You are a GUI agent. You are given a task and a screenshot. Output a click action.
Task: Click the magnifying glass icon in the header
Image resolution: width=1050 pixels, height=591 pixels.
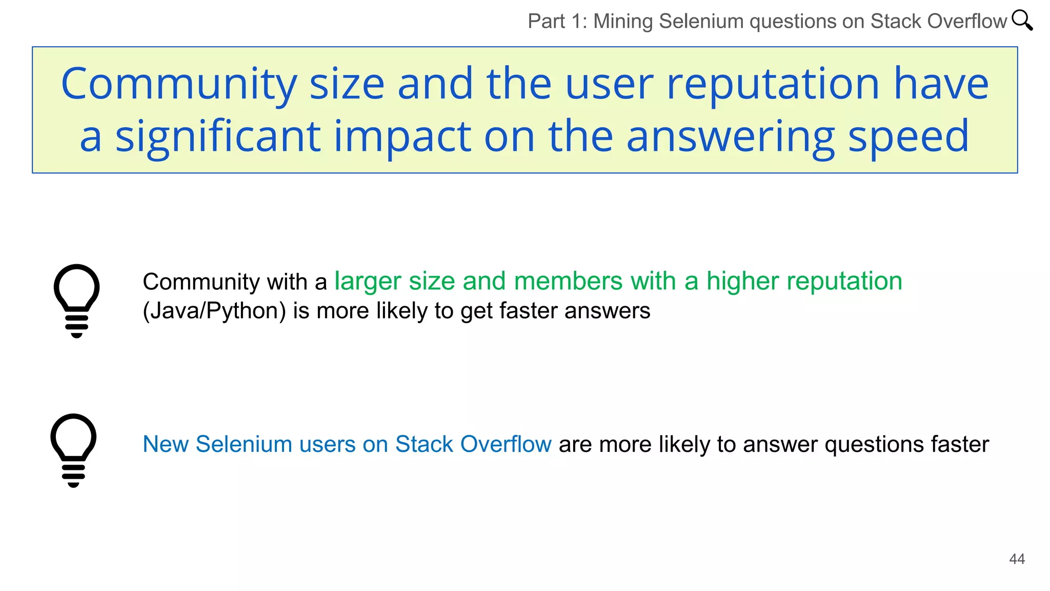(1022, 21)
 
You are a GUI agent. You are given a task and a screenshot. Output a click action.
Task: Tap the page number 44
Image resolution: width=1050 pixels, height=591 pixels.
(1017, 559)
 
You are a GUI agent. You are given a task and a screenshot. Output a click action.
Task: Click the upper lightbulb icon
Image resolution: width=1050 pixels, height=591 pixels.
(77, 301)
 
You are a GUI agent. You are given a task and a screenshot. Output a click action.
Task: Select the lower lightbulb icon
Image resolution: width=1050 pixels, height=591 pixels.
(73, 450)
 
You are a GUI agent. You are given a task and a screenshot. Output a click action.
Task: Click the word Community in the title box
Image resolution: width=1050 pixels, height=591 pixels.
(179, 84)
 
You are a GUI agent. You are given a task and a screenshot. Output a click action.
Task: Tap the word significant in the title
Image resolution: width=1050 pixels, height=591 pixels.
(218, 137)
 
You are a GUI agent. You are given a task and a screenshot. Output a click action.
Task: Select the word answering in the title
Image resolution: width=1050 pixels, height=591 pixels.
(731, 137)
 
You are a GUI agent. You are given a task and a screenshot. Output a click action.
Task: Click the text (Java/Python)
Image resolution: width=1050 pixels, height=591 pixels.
(214, 311)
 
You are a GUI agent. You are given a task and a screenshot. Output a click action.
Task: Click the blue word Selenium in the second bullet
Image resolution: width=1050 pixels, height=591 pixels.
(244, 444)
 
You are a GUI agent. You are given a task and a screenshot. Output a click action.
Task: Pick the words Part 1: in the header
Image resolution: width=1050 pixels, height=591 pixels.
(557, 22)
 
